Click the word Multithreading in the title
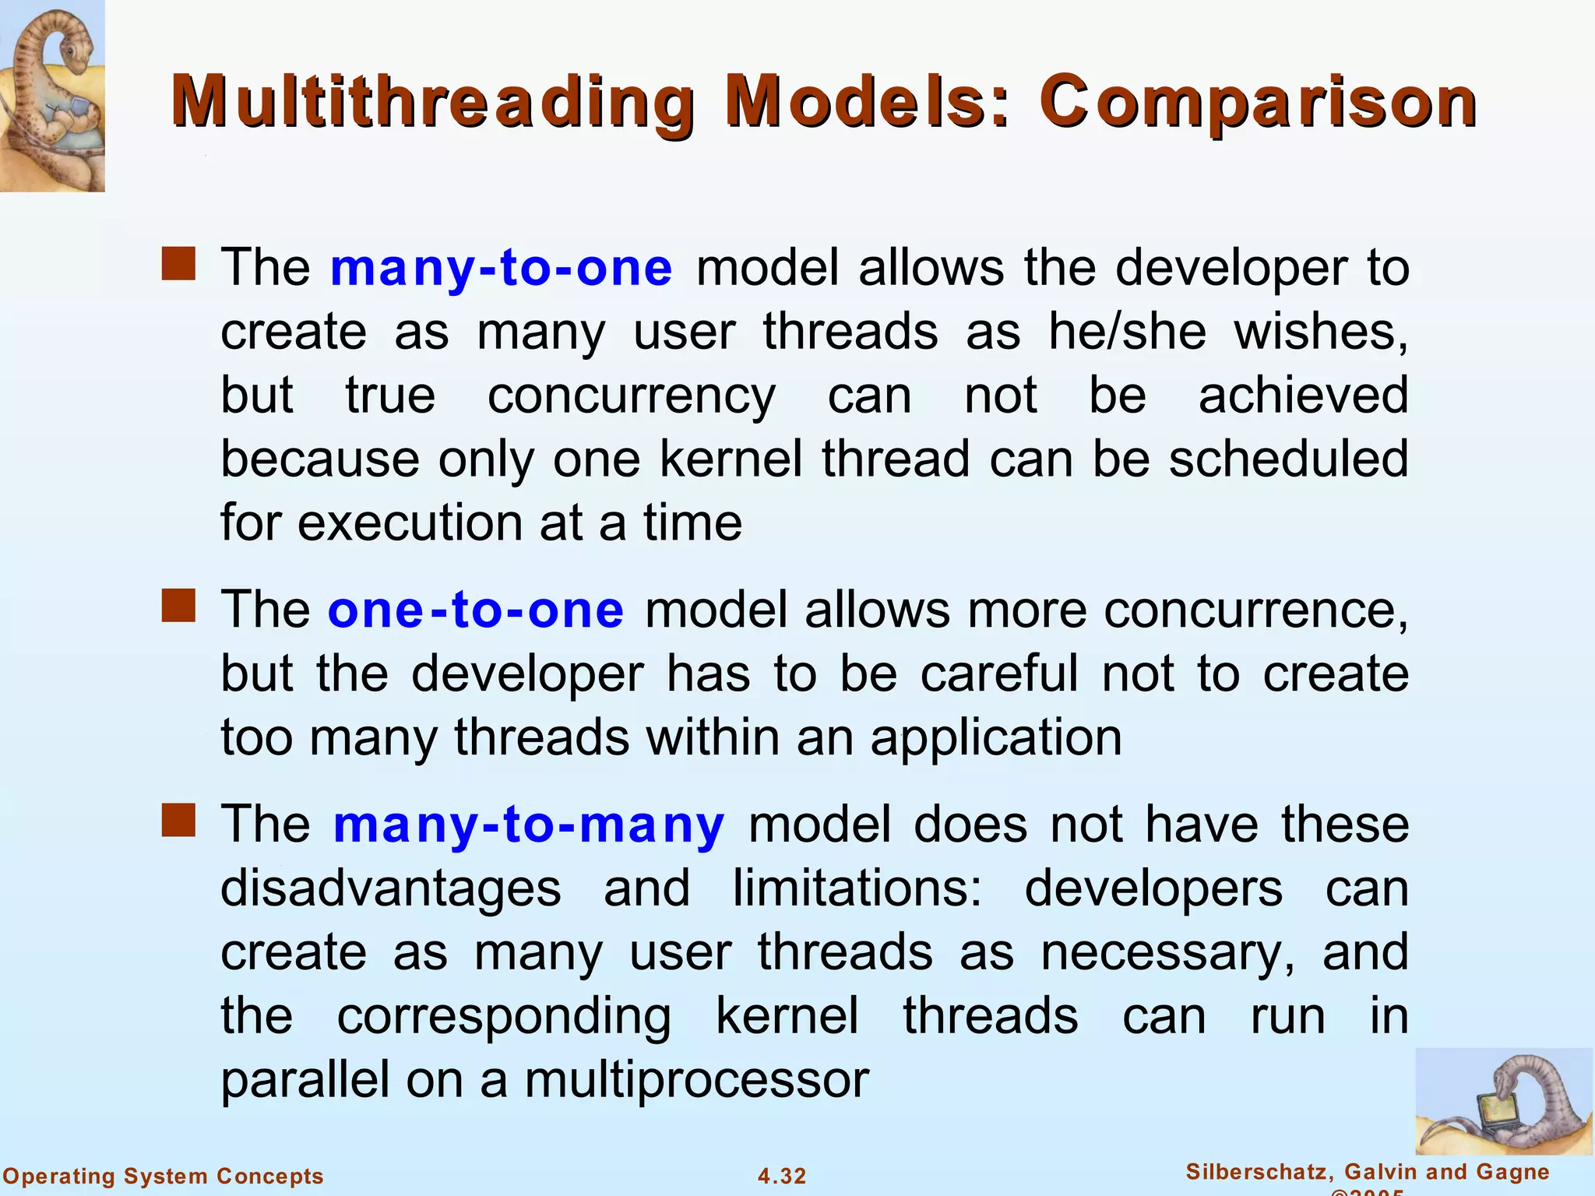click(x=433, y=103)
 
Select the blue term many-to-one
click(x=501, y=268)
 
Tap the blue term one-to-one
click(x=475, y=610)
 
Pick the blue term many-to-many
click(x=529, y=825)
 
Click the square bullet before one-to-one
click(x=178, y=606)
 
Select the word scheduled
click(x=1288, y=459)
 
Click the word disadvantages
click(x=390, y=888)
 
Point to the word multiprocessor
click(x=696, y=1080)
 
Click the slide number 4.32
click(x=782, y=1176)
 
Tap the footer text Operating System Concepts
click(x=164, y=1176)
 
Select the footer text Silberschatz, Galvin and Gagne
click(x=1368, y=1172)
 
